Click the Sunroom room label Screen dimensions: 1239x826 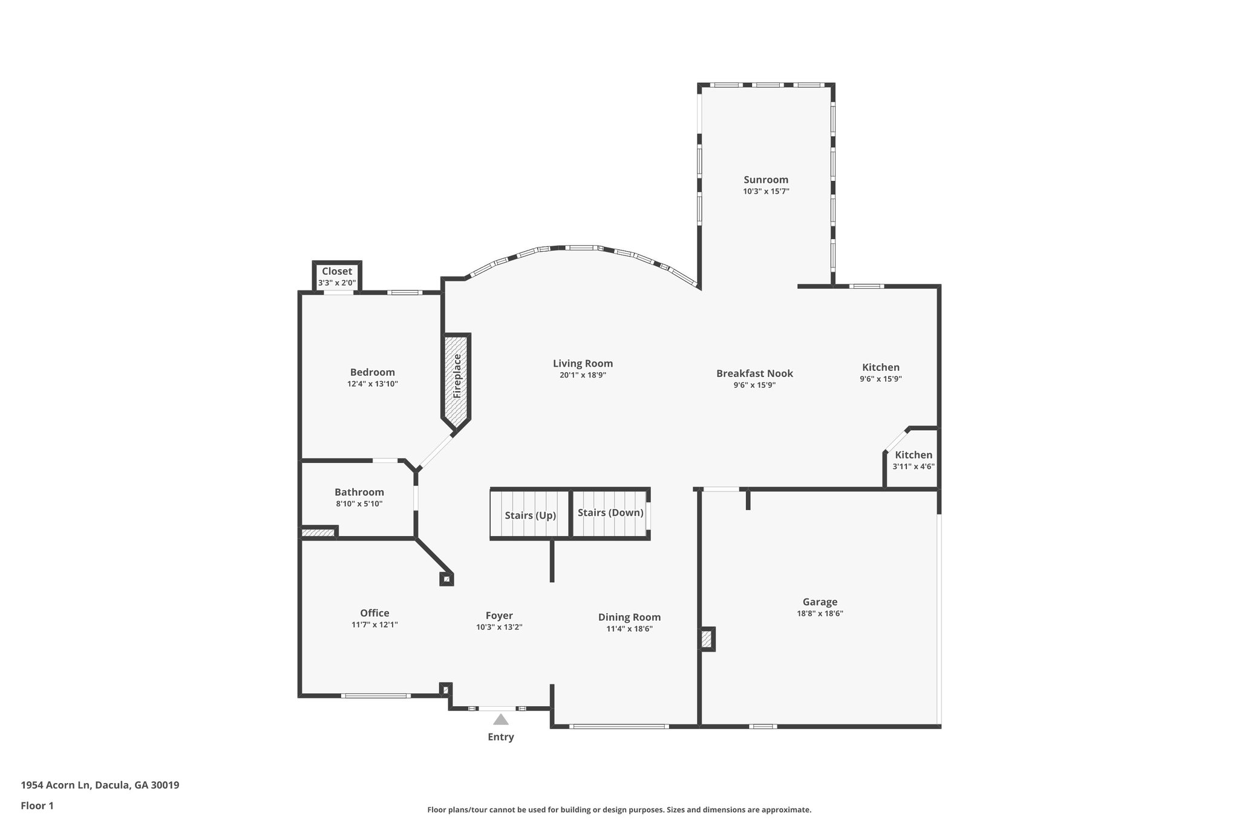(x=766, y=180)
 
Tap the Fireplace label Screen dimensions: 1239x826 (x=457, y=376)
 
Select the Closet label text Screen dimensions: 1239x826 (x=337, y=271)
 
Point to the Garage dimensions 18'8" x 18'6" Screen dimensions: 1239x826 (x=820, y=613)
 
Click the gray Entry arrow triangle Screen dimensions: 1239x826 (x=500, y=719)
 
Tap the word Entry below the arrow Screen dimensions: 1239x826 (x=501, y=737)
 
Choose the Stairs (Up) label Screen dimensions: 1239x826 (x=531, y=516)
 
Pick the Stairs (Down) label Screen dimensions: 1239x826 (x=610, y=513)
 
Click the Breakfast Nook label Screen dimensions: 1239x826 (x=754, y=373)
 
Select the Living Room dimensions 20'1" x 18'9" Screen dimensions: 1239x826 (x=583, y=375)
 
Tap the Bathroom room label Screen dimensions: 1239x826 (x=359, y=492)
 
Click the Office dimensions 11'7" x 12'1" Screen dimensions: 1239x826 (x=374, y=624)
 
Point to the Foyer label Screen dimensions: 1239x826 (x=499, y=616)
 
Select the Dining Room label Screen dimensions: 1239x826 (x=629, y=617)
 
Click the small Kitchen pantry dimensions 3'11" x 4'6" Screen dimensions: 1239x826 (x=914, y=467)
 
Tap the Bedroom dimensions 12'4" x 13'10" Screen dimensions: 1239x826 (x=373, y=384)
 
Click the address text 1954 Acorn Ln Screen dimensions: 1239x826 (x=56, y=785)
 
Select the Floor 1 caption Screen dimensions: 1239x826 (x=38, y=806)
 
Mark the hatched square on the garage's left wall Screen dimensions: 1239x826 (x=707, y=639)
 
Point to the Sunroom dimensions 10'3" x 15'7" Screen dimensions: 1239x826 (x=766, y=191)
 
